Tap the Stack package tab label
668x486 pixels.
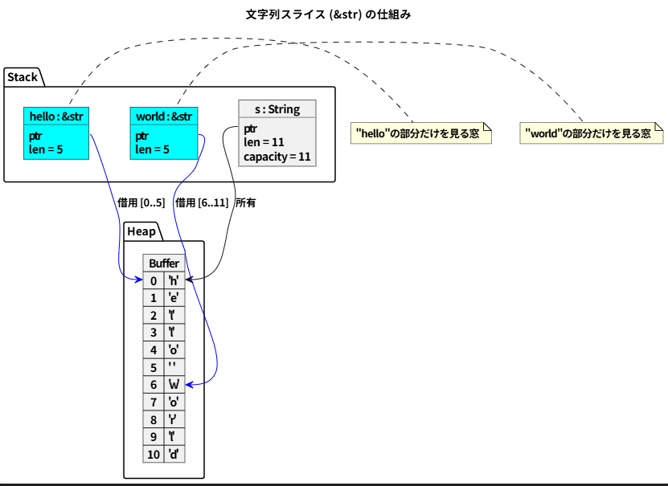tap(23, 77)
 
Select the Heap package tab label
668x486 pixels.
tap(141, 231)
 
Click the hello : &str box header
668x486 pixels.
tap(56, 117)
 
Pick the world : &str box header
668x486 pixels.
tap(163, 117)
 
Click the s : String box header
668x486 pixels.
tap(277, 109)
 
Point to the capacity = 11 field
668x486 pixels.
tap(277, 157)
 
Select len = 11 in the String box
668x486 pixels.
tap(264, 142)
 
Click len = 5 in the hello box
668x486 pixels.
tap(46, 149)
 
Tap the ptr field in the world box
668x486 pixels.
tap(142, 136)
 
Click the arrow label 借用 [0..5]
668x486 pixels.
tap(141, 203)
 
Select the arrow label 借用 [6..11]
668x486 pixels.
tap(202, 203)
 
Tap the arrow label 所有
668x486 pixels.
tap(245, 203)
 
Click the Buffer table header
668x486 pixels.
tap(164, 263)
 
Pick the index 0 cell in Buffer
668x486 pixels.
tap(154, 280)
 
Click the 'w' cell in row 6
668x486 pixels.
tap(174, 385)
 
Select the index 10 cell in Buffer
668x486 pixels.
tap(154, 455)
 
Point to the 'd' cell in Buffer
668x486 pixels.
tap(174, 455)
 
